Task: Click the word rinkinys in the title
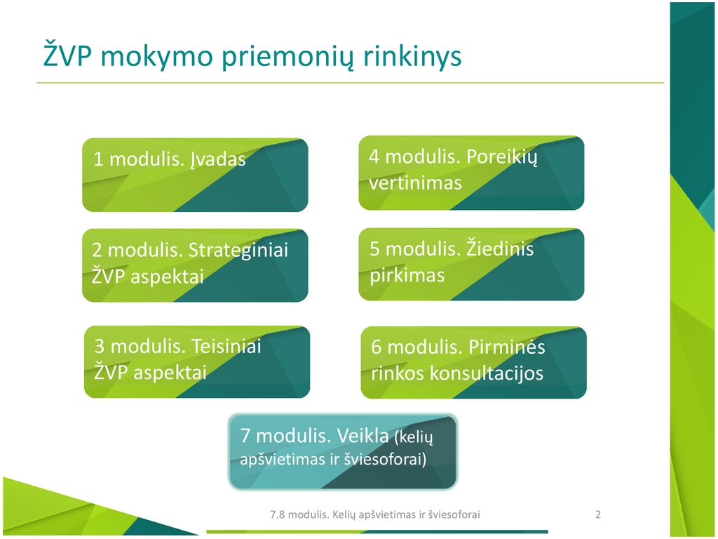pyautogui.click(x=412, y=56)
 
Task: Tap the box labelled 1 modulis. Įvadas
pyautogui.click(x=195, y=175)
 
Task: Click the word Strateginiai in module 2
pyautogui.click(x=238, y=251)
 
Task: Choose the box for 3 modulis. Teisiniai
pyautogui.click(x=197, y=361)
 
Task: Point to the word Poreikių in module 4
pyautogui.click(x=501, y=157)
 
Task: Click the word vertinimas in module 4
pyautogui.click(x=415, y=183)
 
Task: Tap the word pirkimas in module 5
pyautogui.click(x=407, y=276)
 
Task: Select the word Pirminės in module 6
pyautogui.click(x=507, y=346)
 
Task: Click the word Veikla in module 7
pyautogui.click(x=363, y=435)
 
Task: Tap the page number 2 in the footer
pyautogui.click(x=598, y=514)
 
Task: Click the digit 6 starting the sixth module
pyautogui.click(x=377, y=347)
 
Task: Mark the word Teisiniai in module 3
pyautogui.click(x=226, y=346)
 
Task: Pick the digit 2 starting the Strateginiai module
pyautogui.click(x=97, y=251)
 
